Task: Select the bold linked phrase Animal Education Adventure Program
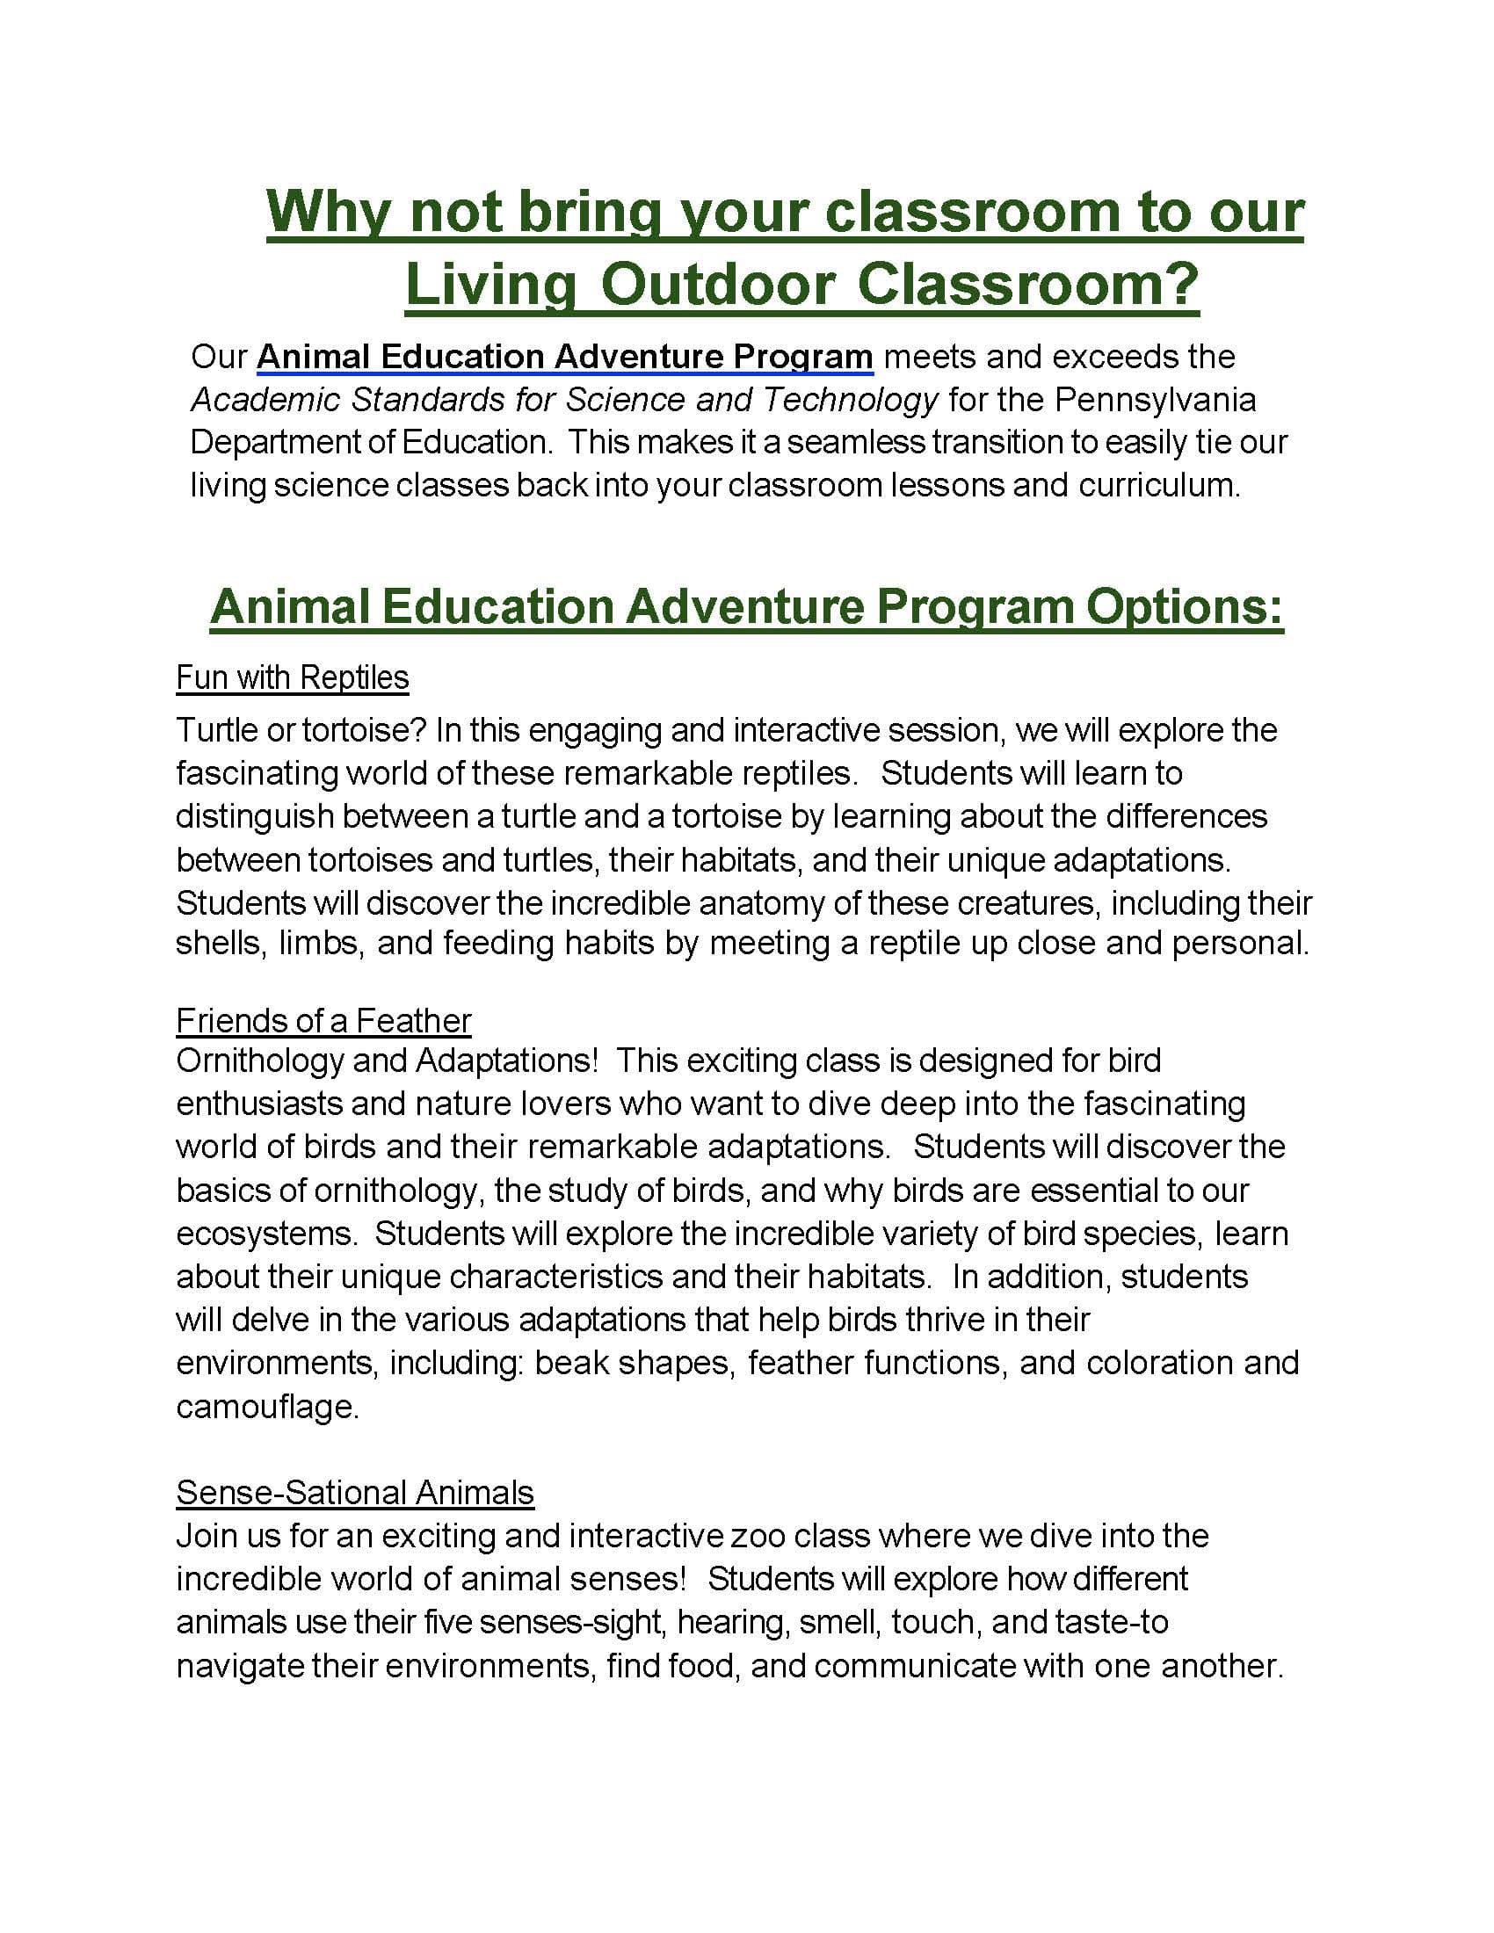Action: [x=565, y=356]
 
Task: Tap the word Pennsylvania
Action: [x=1154, y=399]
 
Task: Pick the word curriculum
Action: [x=1158, y=484]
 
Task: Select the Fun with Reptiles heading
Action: [x=292, y=677]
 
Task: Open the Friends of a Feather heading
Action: [x=323, y=1020]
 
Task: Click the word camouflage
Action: [x=266, y=1406]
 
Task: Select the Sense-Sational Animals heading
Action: [x=355, y=1492]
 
